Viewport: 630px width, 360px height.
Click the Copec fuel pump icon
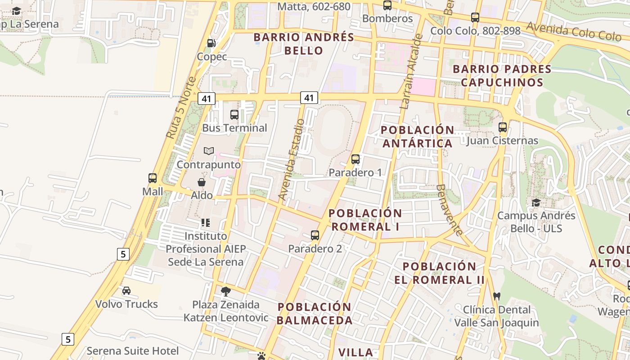pos(211,43)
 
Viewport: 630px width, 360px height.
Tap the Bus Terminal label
pos(234,128)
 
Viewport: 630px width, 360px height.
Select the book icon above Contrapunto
pos(208,151)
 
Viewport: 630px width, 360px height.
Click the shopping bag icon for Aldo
pos(202,182)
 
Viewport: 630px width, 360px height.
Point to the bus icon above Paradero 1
pos(355,159)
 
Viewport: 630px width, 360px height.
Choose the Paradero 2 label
pos(315,248)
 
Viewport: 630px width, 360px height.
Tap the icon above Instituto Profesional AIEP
pos(206,222)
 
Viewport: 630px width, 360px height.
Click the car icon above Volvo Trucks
pos(126,291)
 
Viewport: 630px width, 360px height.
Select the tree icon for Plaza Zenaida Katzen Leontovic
pos(226,291)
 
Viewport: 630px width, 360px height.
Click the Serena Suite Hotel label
pos(133,351)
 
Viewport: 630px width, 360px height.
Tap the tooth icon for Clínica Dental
pos(497,296)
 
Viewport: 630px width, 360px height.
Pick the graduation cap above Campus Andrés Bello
pos(536,202)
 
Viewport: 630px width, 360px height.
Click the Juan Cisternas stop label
pos(502,141)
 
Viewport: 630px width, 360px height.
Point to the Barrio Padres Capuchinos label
pos(502,76)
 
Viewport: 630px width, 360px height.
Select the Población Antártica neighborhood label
pos(417,136)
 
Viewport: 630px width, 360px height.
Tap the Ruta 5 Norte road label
pos(181,108)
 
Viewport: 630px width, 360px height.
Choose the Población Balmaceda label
pos(315,314)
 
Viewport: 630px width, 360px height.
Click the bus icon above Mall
pos(153,178)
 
